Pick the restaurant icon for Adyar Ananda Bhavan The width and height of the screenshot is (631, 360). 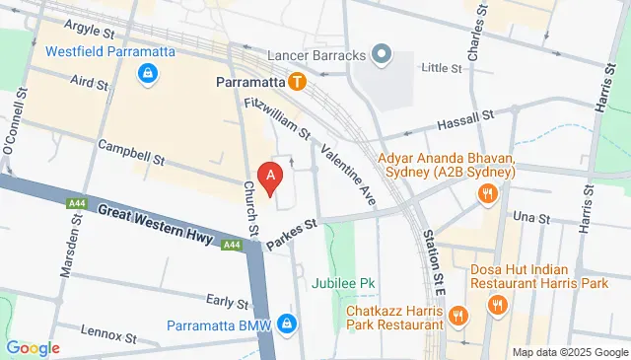point(485,195)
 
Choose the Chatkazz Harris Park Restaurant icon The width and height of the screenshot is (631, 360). point(457,315)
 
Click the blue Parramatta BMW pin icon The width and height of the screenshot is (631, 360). point(286,323)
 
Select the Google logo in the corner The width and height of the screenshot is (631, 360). point(33,347)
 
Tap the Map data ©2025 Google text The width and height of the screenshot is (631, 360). point(569,352)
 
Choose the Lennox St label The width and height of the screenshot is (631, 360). point(105,330)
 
